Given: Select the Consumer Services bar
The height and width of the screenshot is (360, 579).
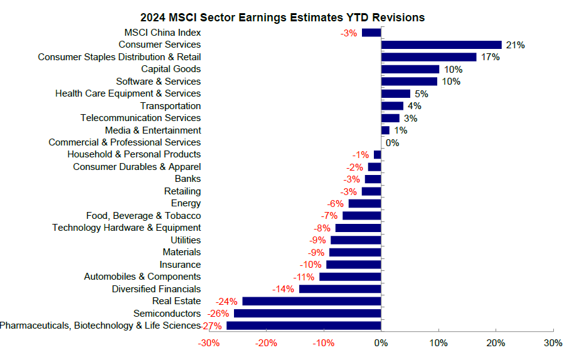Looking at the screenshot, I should (x=442, y=45).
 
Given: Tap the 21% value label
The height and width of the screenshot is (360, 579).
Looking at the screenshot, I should (x=516, y=45).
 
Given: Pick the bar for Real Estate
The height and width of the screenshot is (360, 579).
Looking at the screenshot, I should (x=312, y=301).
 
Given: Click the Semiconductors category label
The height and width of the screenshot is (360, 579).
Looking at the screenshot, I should (x=167, y=313).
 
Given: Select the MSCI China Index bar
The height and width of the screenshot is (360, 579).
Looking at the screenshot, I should (x=371, y=33).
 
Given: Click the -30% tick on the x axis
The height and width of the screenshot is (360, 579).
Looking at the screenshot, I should (x=208, y=344).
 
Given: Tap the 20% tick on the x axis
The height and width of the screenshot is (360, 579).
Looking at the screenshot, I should (x=496, y=344).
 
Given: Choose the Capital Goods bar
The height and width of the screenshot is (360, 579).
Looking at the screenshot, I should (x=410, y=69).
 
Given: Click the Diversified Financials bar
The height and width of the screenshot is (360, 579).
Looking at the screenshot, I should (x=340, y=289).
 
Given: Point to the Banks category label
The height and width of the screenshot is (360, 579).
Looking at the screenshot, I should (x=188, y=179).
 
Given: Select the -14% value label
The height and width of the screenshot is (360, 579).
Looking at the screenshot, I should (x=284, y=289).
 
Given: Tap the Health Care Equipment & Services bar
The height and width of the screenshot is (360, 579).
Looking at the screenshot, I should (x=396, y=93).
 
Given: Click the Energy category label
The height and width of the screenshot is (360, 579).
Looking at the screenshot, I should (x=186, y=203).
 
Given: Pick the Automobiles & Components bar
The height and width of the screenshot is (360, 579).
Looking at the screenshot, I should (x=350, y=277).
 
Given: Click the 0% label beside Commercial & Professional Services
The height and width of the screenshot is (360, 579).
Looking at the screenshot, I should (x=392, y=142).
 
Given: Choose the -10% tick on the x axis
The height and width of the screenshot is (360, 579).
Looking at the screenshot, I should (x=324, y=344).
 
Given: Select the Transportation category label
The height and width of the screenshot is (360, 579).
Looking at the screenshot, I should (x=170, y=105).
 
